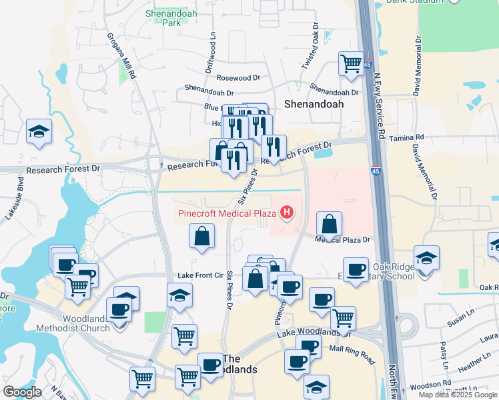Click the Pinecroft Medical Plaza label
tap(227, 213)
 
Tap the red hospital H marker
tap(287, 213)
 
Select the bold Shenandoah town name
tap(313, 104)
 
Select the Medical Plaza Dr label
tap(342, 239)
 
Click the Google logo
tap(22, 391)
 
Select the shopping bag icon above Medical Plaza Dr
tap(329, 225)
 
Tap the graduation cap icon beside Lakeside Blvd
tap(39, 131)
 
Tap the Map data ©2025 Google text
tap(457, 395)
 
